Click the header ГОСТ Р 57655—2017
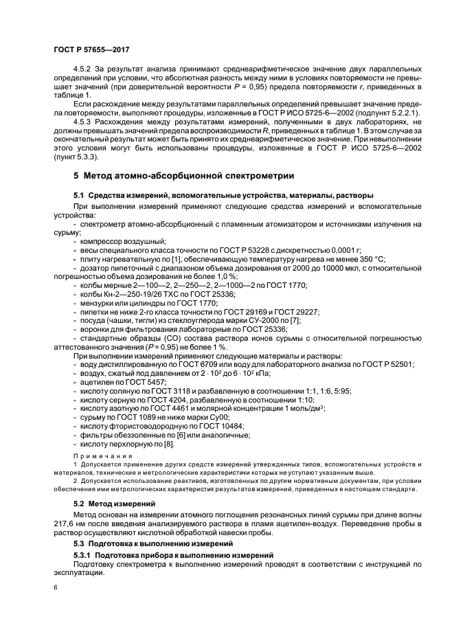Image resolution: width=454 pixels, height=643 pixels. [91, 50]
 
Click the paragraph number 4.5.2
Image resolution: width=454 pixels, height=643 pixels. [84, 70]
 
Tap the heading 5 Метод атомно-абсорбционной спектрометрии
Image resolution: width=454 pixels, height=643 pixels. [183, 176]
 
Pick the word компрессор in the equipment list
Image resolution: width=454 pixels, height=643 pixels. [102, 241]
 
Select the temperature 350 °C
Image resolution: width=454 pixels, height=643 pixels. [372, 259]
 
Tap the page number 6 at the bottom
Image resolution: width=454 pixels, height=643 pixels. [56, 587]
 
